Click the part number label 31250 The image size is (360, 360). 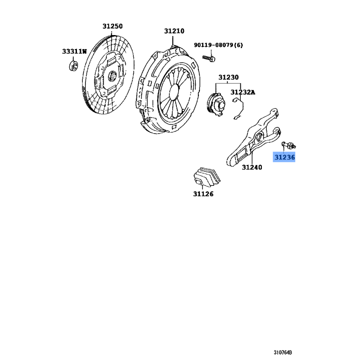(x=112, y=26)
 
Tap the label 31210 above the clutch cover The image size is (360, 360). (x=174, y=31)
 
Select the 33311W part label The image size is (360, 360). (x=74, y=51)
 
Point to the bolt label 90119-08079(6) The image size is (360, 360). (x=218, y=45)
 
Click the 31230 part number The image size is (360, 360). (x=229, y=77)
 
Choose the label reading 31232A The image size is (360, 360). (x=243, y=92)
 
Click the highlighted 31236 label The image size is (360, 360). (x=284, y=157)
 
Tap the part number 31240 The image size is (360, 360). (x=252, y=167)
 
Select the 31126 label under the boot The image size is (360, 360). (x=203, y=194)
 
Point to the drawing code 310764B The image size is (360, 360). (x=283, y=352)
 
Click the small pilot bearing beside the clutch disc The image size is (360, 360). (x=73, y=66)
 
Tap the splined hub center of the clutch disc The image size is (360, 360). (x=112, y=76)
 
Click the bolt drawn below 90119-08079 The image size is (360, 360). (x=208, y=58)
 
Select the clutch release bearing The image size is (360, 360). (x=216, y=104)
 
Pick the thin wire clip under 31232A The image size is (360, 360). (x=238, y=108)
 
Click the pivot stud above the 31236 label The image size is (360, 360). (x=288, y=145)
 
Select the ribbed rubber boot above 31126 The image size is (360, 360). (x=207, y=176)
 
